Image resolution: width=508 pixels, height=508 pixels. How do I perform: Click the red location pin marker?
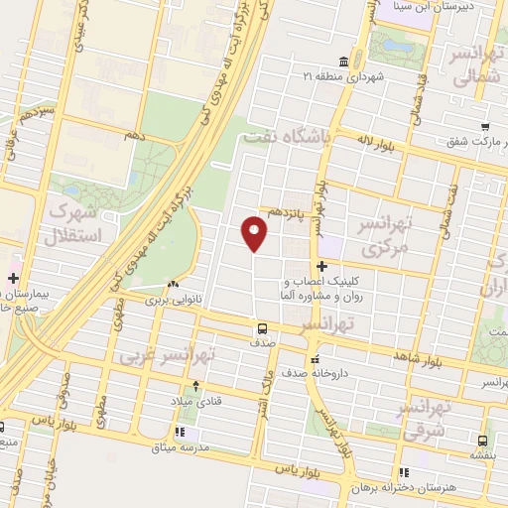click(254, 234)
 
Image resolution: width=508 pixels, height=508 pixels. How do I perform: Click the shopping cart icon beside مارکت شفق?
click(484, 126)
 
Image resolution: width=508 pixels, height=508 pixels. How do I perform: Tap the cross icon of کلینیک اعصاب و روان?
click(321, 266)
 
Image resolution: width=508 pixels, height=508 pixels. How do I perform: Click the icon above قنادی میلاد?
click(195, 386)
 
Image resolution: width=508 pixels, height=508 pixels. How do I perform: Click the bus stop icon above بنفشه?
click(482, 441)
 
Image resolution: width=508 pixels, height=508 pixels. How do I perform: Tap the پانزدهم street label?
click(287, 213)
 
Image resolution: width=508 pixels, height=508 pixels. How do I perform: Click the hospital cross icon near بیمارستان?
click(12, 278)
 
